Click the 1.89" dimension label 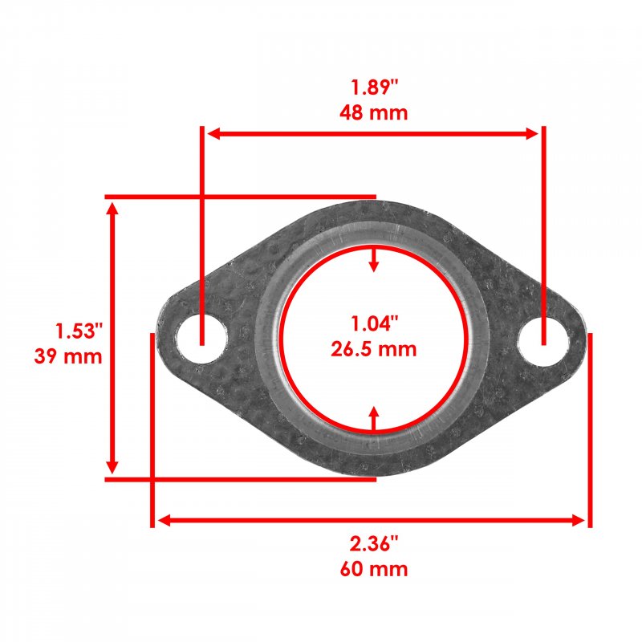click(375, 87)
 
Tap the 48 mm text click(374, 112)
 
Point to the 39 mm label click(68, 356)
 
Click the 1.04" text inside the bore click(375, 323)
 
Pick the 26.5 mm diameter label click(374, 349)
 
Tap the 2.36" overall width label click(374, 544)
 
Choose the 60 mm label click(374, 569)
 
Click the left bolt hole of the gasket click(201, 338)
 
